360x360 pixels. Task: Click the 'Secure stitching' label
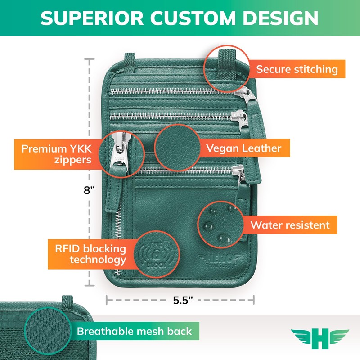tap(297, 69)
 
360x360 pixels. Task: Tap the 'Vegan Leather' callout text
tap(243, 148)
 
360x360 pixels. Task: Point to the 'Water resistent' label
tap(290, 225)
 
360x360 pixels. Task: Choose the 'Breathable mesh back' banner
tap(135, 332)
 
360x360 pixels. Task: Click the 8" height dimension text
tap(90, 190)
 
